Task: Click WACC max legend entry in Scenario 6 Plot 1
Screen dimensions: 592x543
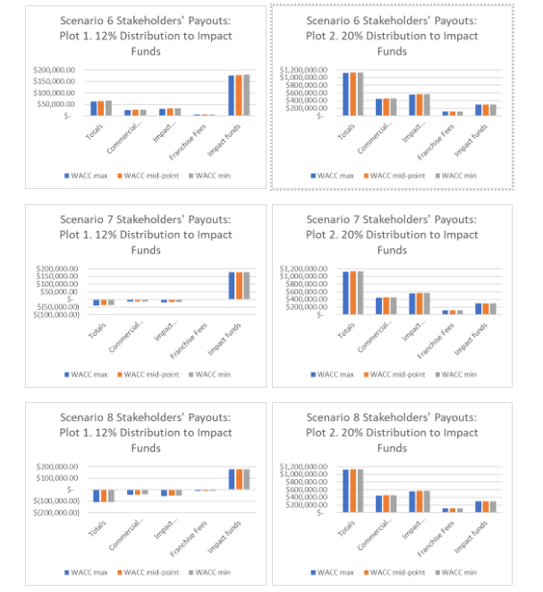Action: click(x=88, y=175)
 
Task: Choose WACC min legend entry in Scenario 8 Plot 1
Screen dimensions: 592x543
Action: click(x=217, y=572)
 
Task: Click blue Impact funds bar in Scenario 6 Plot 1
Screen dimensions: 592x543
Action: click(x=231, y=95)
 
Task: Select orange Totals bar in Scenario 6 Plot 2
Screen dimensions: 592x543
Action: click(x=353, y=93)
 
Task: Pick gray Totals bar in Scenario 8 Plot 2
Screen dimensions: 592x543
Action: click(x=361, y=490)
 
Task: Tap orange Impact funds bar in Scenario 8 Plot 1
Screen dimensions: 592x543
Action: click(x=239, y=479)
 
